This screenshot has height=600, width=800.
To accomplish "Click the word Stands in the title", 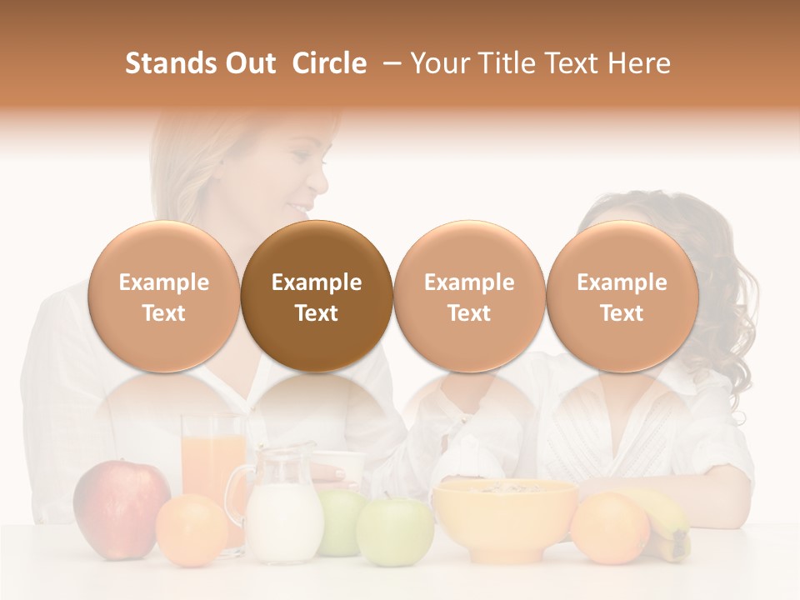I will click(170, 63).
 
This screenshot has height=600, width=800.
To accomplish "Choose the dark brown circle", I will click(317, 296).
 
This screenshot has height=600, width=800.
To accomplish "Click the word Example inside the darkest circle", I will click(317, 282).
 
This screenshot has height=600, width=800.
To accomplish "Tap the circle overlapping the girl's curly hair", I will click(622, 296).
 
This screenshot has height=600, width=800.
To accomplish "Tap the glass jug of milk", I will click(284, 508).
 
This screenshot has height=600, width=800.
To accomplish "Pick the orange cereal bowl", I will click(505, 517).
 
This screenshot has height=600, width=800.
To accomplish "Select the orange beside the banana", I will click(609, 528).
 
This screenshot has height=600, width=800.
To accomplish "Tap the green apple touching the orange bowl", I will click(395, 532).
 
